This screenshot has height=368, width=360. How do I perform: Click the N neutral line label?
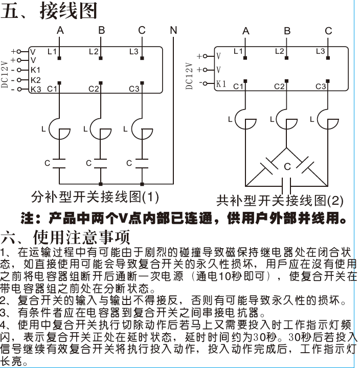pyautogui.click(x=173, y=30)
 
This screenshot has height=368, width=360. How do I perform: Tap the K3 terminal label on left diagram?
pyautogui.click(x=36, y=90)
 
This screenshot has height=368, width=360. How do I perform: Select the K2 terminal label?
pyautogui.click(x=35, y=80)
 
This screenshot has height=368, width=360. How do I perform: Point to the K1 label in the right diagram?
pyautogui.click(x=221, y=84)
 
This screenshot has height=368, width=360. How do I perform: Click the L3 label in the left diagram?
pyautogui.click(x=134, y=51)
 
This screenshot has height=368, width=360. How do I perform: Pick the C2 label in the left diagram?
pyautogui.click(x=94, y=89)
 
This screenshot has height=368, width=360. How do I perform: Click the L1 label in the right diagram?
pyautogui.click(x=238, y=51)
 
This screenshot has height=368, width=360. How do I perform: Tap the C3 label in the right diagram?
pyautogui.click(x=321, y=86)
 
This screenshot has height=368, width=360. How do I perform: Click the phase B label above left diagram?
pyautogui.click(x=102, y=30)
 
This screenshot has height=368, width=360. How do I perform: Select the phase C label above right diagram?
pyautogui.click(x=328, y=31)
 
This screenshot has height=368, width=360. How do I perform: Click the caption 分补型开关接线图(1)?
pyautogui.click(x=95, y=197)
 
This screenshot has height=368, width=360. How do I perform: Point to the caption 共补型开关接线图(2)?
pyautogui.click(x=280, y=201)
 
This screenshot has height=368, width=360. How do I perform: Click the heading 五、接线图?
pyautogui.click(x=49, y=11)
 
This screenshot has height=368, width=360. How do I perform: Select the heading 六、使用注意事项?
pyautogui.click(x=65, y=237)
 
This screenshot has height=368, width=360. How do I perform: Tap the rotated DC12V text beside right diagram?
pyautogui.click(x=189, y=76)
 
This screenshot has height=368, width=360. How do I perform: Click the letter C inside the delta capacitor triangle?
pyautogui.click(x=287, y=167)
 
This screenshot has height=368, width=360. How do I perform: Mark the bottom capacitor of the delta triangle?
pyautogui.click(x=286, y=186)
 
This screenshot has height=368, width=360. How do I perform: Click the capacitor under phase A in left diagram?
pyautogui.click(x=59, y=164)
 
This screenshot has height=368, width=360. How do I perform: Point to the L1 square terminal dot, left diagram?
pyautogui.click(x=59, y=58)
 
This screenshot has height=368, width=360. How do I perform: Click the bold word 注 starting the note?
pyautogui.click(x=27, y=218)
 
